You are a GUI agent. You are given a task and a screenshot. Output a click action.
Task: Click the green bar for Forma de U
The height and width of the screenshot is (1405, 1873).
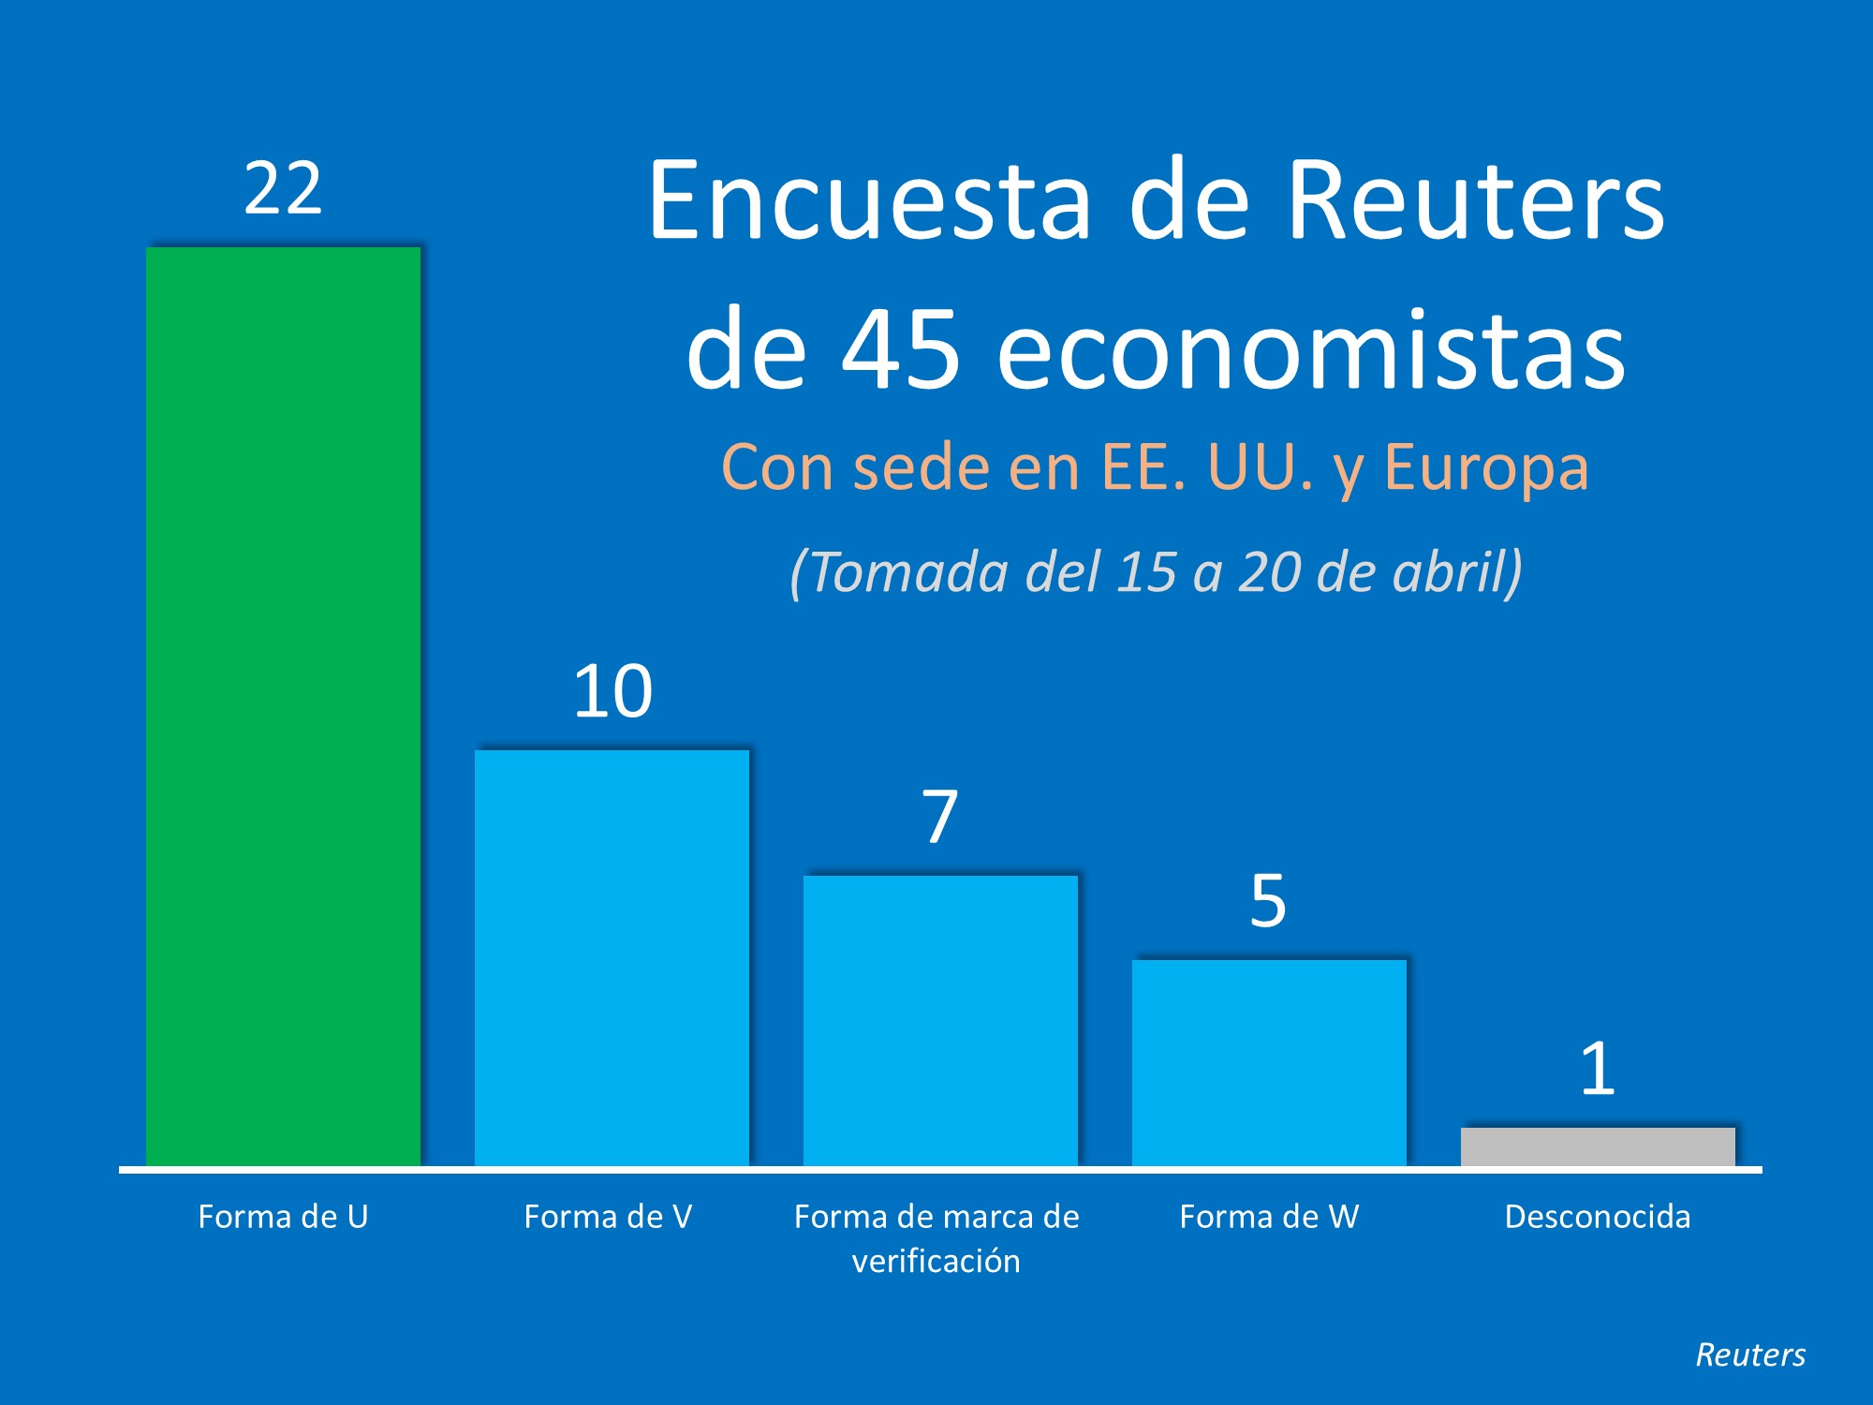pos(283,707)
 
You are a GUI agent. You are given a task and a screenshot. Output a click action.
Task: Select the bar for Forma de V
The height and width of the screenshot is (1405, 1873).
pos(612,957)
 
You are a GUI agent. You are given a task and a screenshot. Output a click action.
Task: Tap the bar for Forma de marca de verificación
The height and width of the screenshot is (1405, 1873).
pos(940,1020)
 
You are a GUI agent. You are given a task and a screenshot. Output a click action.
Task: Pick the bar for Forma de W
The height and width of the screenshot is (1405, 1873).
pos(1269,1062)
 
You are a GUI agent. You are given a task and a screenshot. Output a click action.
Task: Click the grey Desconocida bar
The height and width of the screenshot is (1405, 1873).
pos(1598,1146)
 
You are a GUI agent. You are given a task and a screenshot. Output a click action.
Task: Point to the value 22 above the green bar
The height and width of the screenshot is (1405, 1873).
pos(283,189)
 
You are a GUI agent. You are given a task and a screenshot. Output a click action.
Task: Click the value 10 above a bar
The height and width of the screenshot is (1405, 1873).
pos(612,692)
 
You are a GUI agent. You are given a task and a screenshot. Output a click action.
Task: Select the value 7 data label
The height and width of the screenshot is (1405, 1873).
pos(940,817)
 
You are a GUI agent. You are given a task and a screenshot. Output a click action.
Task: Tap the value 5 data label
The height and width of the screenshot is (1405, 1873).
pos(1268,901)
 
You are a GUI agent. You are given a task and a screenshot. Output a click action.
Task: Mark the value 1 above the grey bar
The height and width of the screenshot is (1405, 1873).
pos(1598,1069)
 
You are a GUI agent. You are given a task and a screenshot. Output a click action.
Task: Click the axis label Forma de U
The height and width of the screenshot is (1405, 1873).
pos(283,1217)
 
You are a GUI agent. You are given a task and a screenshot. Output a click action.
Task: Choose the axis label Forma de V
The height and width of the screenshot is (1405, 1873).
pos(608,1217)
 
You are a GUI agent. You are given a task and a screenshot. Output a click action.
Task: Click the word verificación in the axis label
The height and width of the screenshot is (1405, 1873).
pos(936,1262)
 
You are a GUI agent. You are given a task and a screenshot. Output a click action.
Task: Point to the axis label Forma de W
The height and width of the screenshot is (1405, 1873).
pos(1269,1217)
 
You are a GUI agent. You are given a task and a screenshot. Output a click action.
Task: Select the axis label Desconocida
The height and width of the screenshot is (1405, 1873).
pos(1598,1217)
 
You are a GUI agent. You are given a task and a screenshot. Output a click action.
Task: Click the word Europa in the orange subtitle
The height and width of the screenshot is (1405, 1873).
pos(1486,467)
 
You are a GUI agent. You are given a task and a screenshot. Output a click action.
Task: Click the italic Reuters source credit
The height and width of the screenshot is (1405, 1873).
pos(1750,1355)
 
